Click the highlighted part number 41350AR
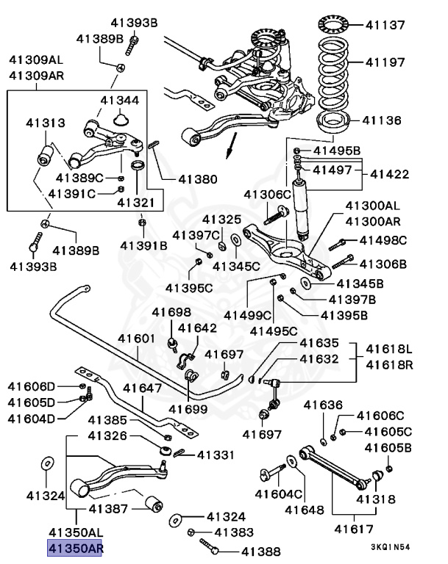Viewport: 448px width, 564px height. pyautogui.click(x=74, y=547)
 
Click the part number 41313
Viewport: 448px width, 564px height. pyautogui.click(x=45, y=123)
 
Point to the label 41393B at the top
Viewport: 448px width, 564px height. pyautogui.click(x=134, y=23)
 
